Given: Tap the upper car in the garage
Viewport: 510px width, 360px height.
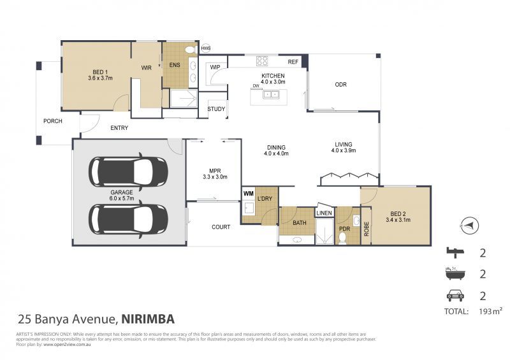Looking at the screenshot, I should tap(129, 172).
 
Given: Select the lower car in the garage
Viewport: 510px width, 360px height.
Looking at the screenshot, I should tap(129, 219).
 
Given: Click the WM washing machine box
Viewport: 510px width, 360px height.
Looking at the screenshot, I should tap(248, 192).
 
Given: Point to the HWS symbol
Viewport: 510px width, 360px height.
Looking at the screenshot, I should tap(206, 48).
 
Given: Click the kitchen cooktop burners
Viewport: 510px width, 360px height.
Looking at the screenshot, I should tap(262, 61).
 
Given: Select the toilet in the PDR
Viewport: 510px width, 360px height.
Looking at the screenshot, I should tap(342, 238).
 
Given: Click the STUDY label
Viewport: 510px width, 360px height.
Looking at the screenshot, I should tap(217, 109).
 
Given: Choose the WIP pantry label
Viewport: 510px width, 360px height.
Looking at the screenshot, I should tap(215, 66).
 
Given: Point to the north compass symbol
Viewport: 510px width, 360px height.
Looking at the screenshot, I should tap(469, 224).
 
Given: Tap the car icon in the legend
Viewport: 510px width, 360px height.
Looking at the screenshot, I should tap(453, 296).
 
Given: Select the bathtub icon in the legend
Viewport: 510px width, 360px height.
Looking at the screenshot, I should tap(453, 274).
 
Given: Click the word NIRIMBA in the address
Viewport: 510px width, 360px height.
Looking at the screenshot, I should tap(147, 318).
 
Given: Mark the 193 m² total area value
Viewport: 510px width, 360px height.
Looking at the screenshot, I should tap(490, 311).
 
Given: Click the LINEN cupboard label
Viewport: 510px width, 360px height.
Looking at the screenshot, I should tap(324, 213).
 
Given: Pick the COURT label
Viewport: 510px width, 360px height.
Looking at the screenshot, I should tap(221, 226).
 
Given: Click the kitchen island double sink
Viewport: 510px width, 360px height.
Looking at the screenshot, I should tap(270, 95).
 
